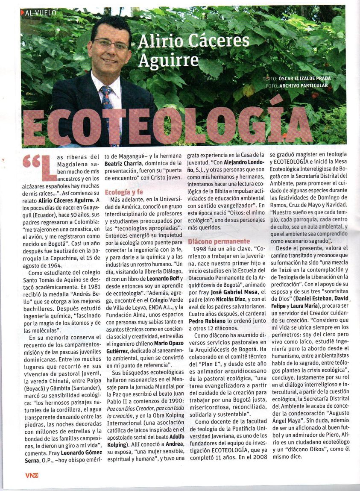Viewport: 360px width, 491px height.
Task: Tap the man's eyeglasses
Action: [x=111, y=44]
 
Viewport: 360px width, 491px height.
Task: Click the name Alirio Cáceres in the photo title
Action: [x=194, y=41]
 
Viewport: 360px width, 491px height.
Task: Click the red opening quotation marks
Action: [x=32, y=162]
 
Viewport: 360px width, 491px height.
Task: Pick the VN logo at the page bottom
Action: [x=32, y=475]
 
